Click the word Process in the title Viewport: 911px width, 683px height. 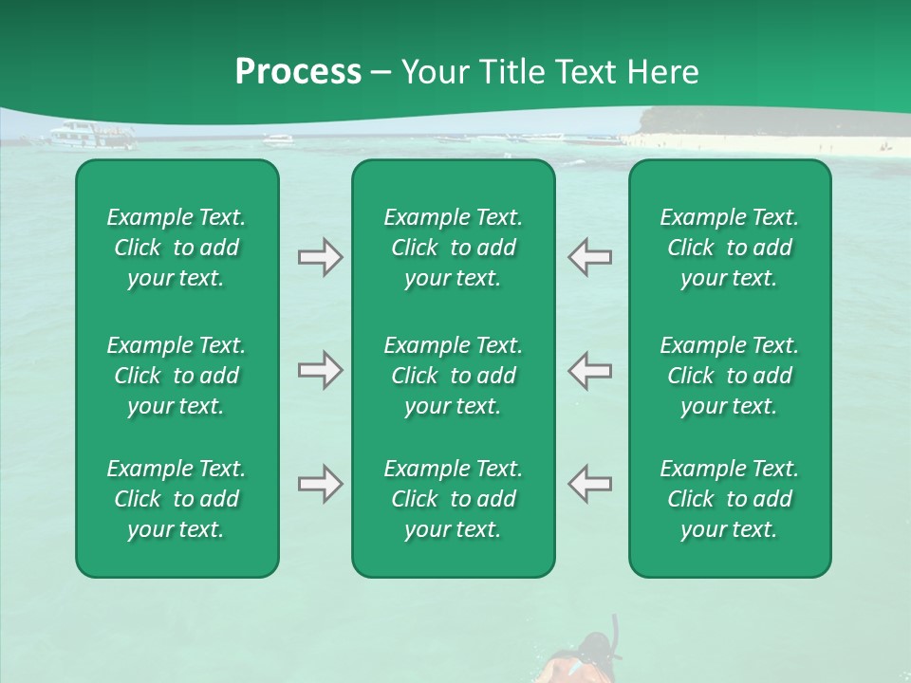coord(298,72)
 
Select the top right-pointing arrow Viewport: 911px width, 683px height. coord(320,257)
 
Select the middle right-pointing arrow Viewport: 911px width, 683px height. coord(320,370)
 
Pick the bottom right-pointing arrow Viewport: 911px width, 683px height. coord(320,484)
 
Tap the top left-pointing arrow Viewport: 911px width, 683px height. coord(590,257)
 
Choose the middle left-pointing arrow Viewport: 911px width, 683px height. coord(590,370)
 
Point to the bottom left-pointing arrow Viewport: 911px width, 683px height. coord(590,484)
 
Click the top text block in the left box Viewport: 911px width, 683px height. coord(177,248)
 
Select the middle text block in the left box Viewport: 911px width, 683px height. coord(177,376)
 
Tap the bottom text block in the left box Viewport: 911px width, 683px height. coord(177,499)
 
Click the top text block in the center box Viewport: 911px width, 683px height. coord(454,248)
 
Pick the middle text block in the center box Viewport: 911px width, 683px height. coord(454,376)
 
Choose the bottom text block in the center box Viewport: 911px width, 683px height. coord(454,499)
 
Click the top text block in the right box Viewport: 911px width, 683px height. coord(730,248)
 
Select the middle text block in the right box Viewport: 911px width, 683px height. coord(730,376)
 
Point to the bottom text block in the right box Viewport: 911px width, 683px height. coord(730,499)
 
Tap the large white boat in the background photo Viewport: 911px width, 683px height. coord(92,138)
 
